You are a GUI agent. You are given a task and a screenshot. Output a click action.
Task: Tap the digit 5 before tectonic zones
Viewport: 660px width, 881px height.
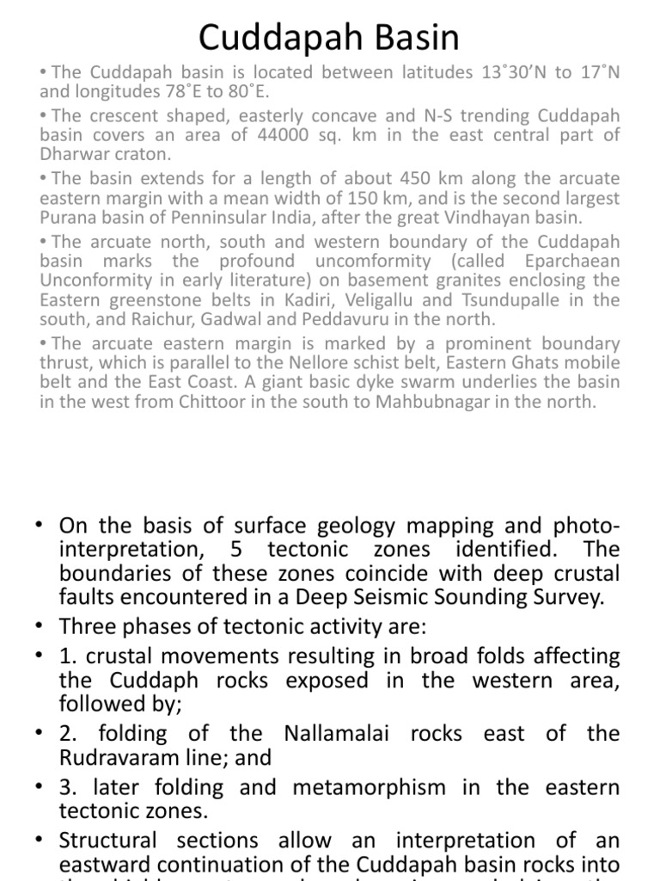(236, 550)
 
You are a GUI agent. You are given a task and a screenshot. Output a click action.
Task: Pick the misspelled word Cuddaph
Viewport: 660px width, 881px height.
(140, 681)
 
